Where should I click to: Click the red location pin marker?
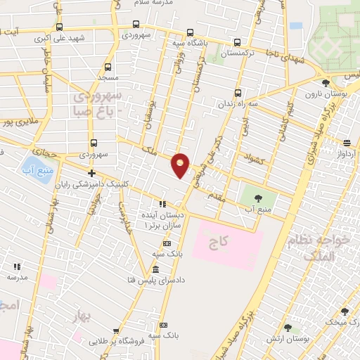(181, 165)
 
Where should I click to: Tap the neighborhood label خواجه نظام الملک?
(314, 249)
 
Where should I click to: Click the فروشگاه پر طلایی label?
(118, 342)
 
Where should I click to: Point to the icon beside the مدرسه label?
(17, 266)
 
